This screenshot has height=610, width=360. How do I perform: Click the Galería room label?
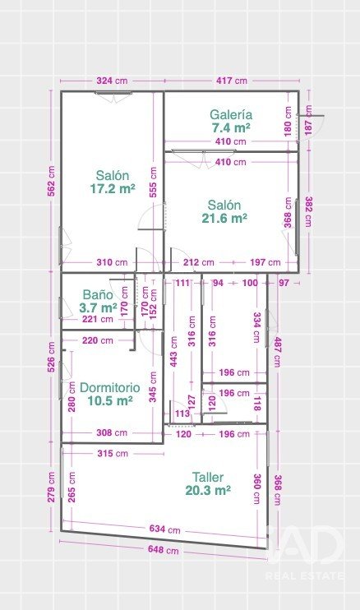click(231, 115)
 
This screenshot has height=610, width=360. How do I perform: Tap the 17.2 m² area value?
click(113, 189)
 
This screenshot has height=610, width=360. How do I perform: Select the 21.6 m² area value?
click(224, 218)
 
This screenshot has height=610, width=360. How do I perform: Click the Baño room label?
click(98, 294)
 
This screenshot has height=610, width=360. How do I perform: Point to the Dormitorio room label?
click(109, 387)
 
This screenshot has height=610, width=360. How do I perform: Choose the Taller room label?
click(208, 477)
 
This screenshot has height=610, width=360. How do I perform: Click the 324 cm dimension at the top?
click(112, 81)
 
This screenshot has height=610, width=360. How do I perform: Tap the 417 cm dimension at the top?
click(232, 81)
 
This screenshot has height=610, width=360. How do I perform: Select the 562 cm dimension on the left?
click(51, 181)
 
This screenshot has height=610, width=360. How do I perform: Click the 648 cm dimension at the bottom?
click(164, 550)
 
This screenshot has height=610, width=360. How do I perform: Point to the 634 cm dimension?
click(165, 529)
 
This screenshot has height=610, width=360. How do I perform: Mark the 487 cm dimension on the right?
click(278, 352)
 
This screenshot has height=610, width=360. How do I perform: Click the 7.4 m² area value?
click(231, 127)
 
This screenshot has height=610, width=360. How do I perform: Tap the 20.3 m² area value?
click(208, 490)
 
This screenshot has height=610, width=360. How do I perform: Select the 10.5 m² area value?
click(109, 400)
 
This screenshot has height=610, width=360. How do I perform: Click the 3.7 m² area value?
click(98, 307)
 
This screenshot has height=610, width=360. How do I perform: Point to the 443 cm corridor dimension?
click(173, 352)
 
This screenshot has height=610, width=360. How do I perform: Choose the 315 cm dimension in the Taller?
click(113, 453)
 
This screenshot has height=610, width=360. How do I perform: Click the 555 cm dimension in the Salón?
click(153, 182)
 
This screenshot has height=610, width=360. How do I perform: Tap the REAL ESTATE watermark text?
click(305, 575)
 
